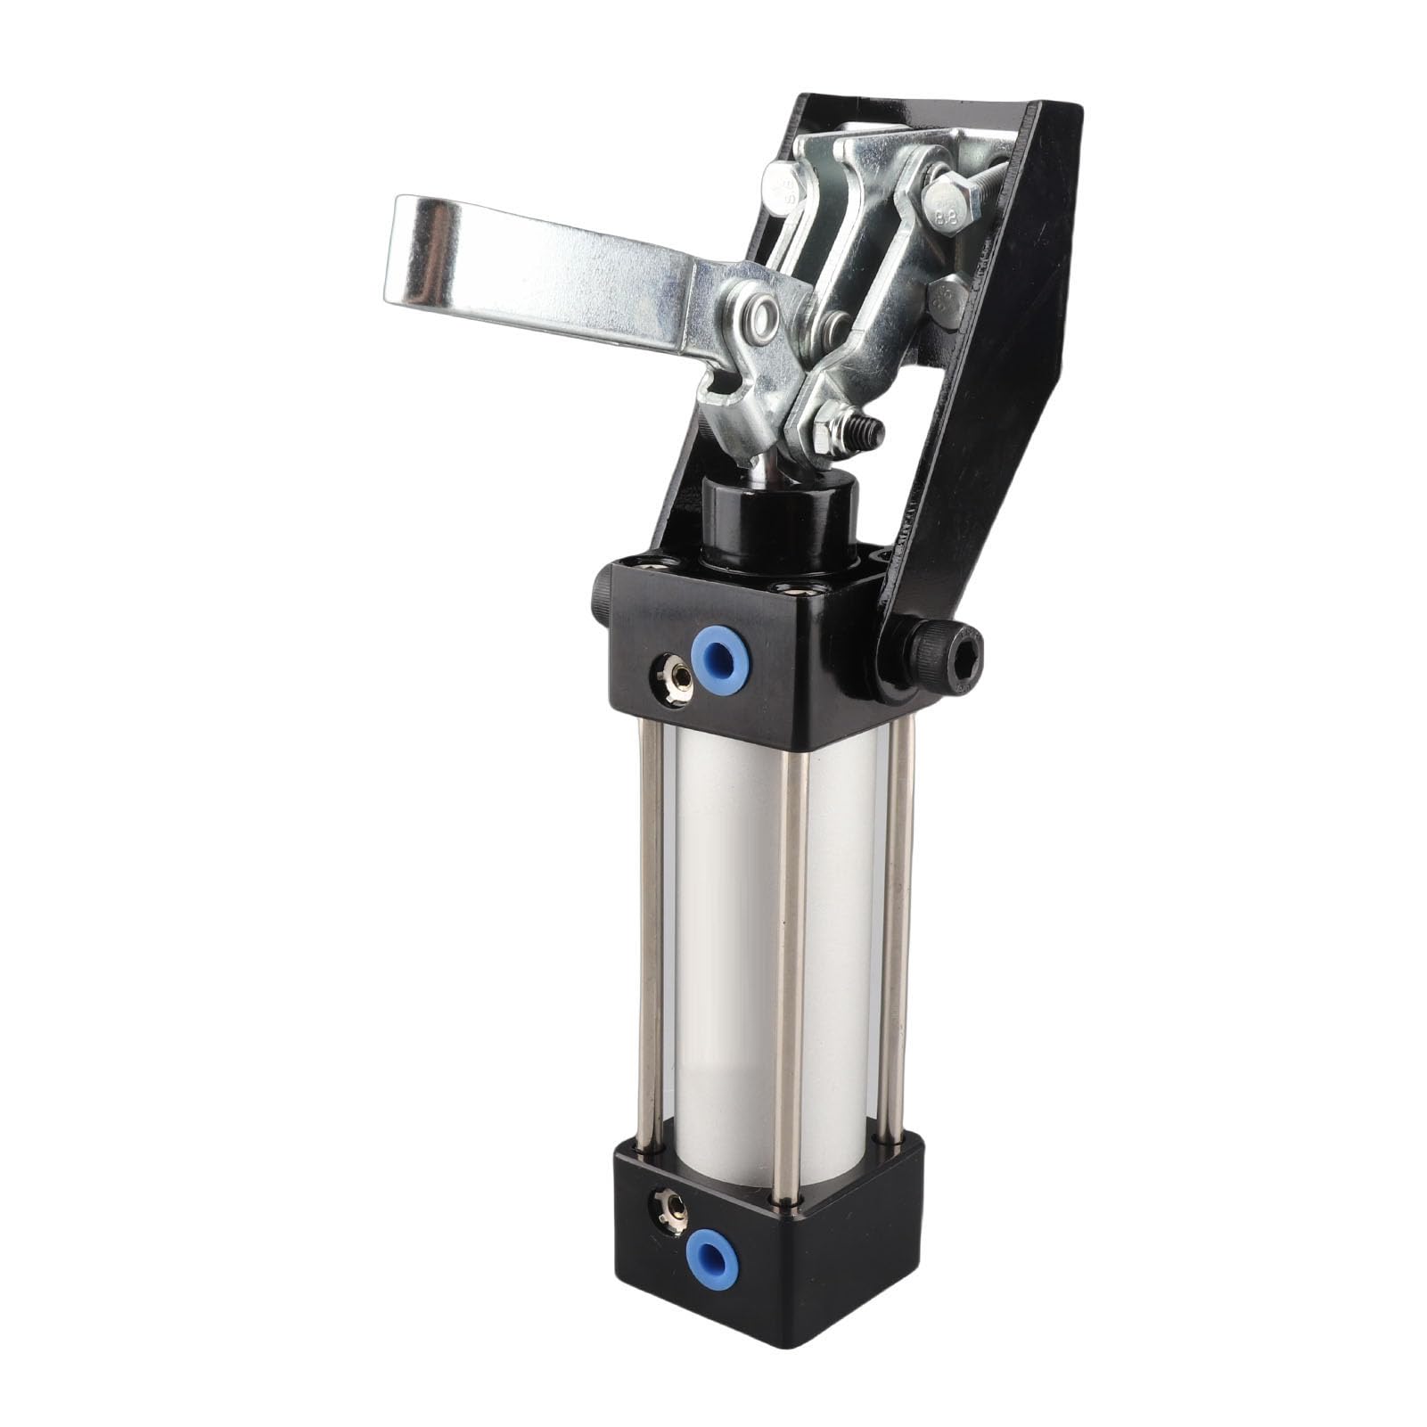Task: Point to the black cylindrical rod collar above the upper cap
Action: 780,521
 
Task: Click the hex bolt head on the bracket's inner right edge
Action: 947,299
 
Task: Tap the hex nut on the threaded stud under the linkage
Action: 833,423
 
